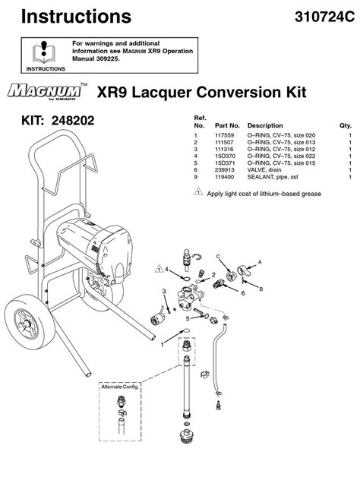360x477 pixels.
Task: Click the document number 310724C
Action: (x=324, y=17)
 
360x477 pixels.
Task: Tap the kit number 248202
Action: (x=73, y=121)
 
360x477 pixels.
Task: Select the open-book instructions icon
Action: (x=44, y=52)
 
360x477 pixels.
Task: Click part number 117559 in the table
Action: (x=224, y=135)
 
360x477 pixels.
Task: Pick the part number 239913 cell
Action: (x=224, y=170)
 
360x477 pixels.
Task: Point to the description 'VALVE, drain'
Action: (x=264, y=170)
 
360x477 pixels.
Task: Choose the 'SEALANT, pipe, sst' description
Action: (x=273, y=177)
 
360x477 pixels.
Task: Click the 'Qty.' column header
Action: (x=346, y=125)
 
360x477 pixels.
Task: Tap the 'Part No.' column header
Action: (x=227, y=125)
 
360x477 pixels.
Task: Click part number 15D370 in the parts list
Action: (x=225, y=156)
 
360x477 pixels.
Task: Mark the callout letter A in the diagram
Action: (x=260, y=262)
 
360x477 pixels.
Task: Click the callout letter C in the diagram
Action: (x=218, y=257)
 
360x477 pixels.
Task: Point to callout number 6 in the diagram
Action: (x=243, y=293)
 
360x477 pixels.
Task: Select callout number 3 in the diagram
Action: (x=164, y=291)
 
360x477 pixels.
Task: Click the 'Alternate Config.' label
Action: (x=120, y=387)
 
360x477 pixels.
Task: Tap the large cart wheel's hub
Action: (x=27, y=324)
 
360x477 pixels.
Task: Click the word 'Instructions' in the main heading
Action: (x=76, y=17)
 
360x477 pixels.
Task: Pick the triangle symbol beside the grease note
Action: (x=198, y=192)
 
